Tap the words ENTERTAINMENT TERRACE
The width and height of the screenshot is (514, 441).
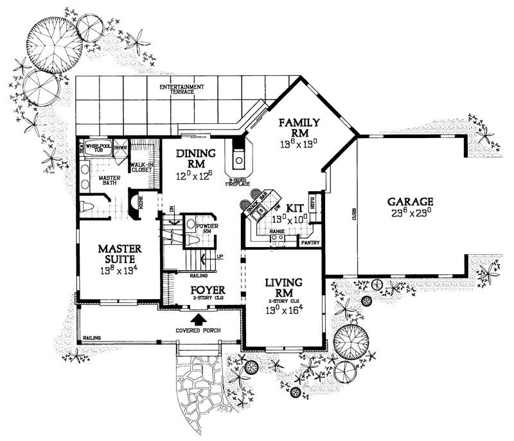(x=182, y=89)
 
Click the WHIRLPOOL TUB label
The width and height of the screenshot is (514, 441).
(x=99, y=148)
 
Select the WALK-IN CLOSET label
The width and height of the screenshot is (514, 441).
(x=141, y=167)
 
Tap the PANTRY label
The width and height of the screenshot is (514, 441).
(x=310, y=243)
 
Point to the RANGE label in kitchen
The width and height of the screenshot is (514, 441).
(x=277, y=230)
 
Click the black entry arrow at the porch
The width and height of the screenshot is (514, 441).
(x=200, y=318)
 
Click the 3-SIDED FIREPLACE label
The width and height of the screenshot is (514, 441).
(x=239, y=182)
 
